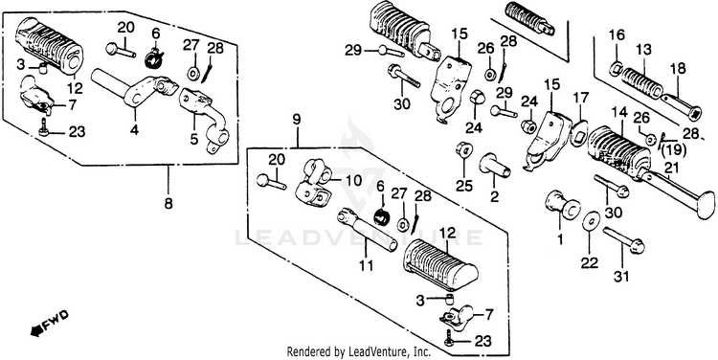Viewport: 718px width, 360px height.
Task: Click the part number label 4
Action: (134, 130)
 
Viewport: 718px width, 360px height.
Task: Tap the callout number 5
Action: (194, 139)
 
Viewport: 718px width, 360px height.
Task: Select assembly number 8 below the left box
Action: (168, 203)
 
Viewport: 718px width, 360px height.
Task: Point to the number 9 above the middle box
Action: (296, 121)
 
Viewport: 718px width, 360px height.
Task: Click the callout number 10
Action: (355, 180)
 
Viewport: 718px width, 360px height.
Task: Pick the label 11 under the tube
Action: (367, 264)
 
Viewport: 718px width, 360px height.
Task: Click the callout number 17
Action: (581, 98)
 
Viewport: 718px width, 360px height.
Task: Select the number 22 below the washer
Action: (590, 263)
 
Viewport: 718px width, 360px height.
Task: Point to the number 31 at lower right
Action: (621, 276)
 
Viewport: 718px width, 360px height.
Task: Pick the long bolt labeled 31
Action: (623, 239)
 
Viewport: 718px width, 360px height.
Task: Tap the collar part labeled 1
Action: (561, 205)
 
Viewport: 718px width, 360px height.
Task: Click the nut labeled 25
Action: (462, 150)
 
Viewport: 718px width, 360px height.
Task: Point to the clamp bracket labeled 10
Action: (315, 184)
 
